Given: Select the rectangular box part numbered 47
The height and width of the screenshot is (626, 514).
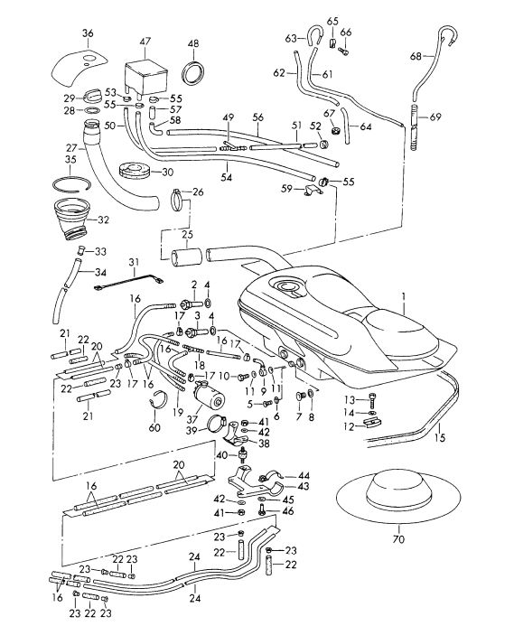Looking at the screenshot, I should click(x=145, y=70).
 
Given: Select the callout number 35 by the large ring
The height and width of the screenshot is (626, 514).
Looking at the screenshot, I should click(x=70, y=160).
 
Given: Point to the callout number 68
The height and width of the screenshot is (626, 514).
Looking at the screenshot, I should click(x=416, y=57).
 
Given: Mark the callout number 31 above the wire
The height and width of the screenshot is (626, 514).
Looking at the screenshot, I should click(x=133, y=263).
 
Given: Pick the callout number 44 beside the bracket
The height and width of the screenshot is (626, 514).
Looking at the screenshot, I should click(x=304, y=474).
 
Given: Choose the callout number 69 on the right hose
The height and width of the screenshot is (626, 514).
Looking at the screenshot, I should click(x=435, y=118).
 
